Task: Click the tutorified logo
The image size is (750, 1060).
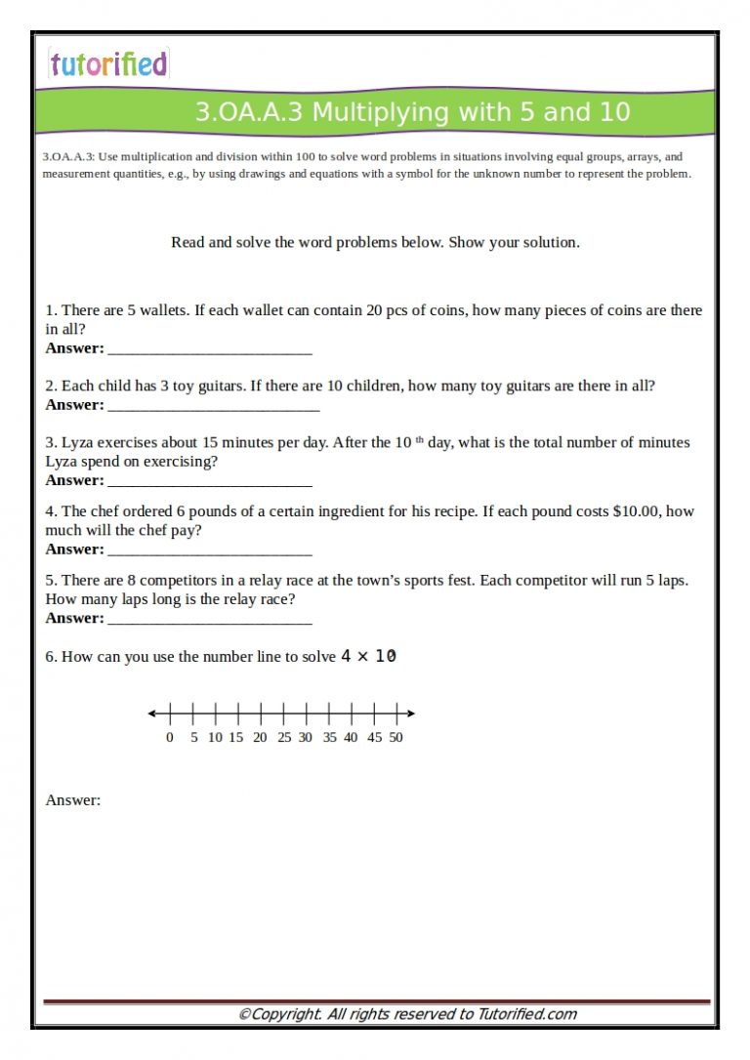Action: coord(108,64)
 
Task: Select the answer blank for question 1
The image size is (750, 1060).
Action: coord(209,349)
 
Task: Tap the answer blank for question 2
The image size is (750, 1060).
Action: coord(213,406)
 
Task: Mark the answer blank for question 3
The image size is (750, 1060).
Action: coord(209,481)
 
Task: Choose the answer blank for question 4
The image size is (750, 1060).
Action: coord(209,550)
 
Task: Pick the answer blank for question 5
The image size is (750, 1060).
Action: coord(209,619)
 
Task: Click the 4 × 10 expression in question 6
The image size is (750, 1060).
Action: coord(368,657)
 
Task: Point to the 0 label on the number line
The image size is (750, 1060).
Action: coord(170,738)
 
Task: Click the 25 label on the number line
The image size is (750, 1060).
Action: coord(283,738)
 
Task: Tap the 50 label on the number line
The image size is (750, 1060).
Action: coord(396,738)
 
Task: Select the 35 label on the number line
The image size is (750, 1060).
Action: coord(329,738)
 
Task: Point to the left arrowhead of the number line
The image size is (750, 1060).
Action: coord(152,713)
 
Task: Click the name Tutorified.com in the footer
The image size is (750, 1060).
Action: coord(526,1014)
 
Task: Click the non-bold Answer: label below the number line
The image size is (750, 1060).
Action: coord(73,800)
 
